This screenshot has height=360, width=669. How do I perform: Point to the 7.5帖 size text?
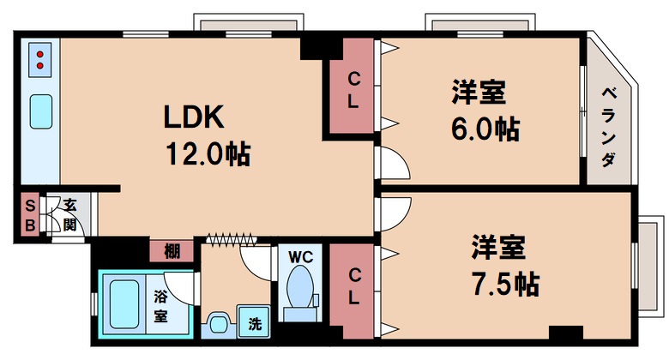tap(504, 284)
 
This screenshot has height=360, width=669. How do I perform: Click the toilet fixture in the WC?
tap(299, 286)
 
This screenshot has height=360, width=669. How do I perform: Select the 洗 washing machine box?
tap(254, 324)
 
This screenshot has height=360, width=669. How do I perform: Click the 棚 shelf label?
tap(172, 251)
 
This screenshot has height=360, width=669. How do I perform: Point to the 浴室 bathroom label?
tap(160, 305)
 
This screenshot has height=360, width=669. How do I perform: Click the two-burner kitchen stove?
tap(41, 59)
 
